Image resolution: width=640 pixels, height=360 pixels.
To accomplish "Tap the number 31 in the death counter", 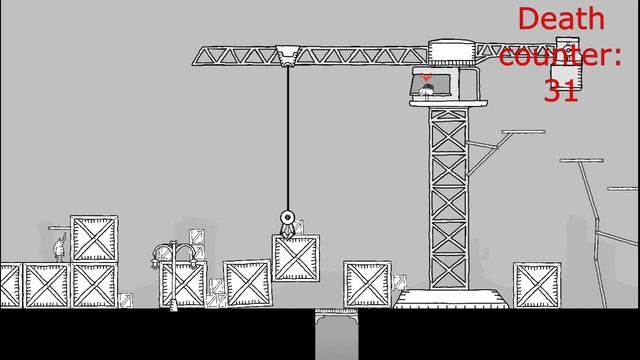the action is point(561,91).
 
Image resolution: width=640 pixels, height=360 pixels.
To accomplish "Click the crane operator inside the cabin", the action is point(427,92).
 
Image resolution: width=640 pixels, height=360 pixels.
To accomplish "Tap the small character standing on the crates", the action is point(59,245).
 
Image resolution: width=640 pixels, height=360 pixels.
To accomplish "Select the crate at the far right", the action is point(535,285).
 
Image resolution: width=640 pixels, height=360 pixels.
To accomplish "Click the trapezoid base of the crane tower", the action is point(451,297).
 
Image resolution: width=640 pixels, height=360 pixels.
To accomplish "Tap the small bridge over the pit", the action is point(336,317).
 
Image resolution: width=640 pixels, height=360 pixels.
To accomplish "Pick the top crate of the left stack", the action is point(93,239).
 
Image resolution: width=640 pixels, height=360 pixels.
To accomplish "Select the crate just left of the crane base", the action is point(367,284).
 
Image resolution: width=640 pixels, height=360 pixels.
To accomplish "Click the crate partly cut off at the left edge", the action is point(9,285).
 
